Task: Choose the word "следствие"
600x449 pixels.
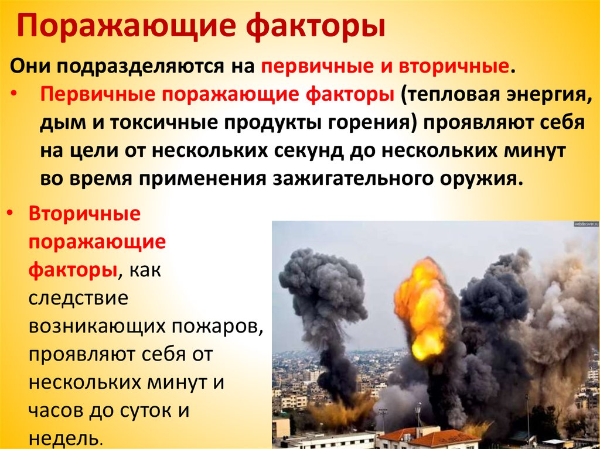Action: (x=79, y=298)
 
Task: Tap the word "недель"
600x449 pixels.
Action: (x=66, y=439)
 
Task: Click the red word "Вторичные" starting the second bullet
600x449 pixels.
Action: (x=84, y=214)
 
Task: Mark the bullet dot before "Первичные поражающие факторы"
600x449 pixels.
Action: (x=14, y=93)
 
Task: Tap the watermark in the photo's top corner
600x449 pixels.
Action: (x=586, y=224)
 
